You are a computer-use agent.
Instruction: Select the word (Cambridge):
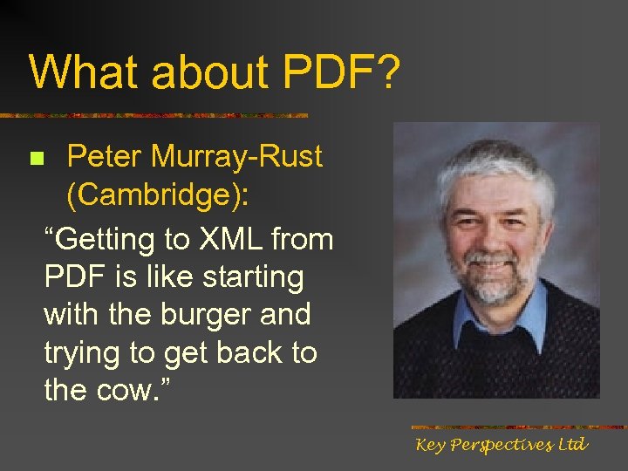point(158,196)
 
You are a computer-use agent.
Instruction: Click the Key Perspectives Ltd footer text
point(502,446)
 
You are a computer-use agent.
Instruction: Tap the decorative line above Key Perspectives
point(518,427)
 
